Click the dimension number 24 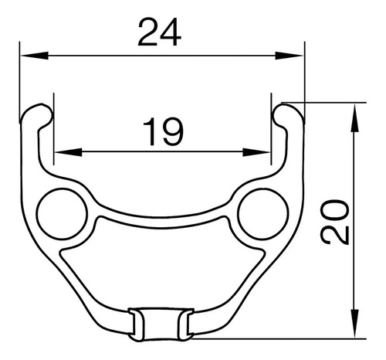[x=160, y=32]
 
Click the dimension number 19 [x=163, y=131]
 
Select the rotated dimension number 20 [x=335, y=222]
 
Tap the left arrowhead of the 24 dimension [x=35, y=56]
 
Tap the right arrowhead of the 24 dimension [x=289, y=56]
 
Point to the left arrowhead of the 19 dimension [x=68, y=152]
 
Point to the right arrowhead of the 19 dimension [x=256, y=152]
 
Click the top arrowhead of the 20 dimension [x=355, y=117]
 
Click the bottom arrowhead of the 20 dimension [x=355, y=324]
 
